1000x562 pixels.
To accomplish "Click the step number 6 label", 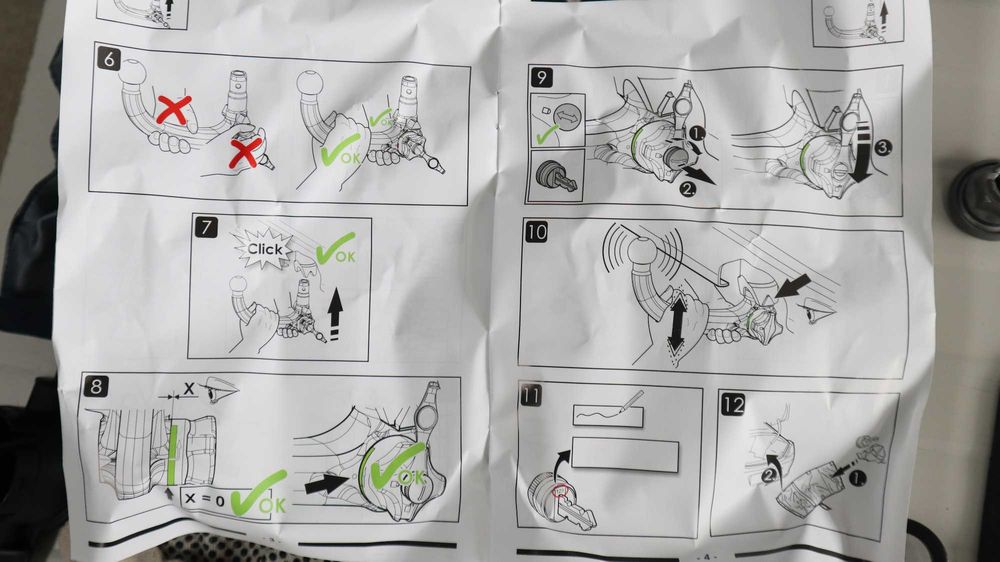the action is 109,59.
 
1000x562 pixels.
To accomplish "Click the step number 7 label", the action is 206,227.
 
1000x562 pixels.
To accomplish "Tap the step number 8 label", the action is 96,386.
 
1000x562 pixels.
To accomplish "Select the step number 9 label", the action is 541,77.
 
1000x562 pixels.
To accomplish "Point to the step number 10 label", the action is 536,232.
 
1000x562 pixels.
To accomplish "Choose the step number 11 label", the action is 531,396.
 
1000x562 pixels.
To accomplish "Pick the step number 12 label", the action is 733,404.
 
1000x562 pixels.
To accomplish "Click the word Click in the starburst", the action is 265,249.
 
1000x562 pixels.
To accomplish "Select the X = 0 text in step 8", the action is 204,499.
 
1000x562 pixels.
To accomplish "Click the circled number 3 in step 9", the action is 883,148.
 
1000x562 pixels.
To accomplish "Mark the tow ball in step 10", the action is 643,252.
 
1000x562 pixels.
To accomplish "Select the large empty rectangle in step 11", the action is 625,454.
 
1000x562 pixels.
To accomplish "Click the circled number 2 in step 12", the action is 770,475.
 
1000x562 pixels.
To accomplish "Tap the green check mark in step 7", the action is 335,249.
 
